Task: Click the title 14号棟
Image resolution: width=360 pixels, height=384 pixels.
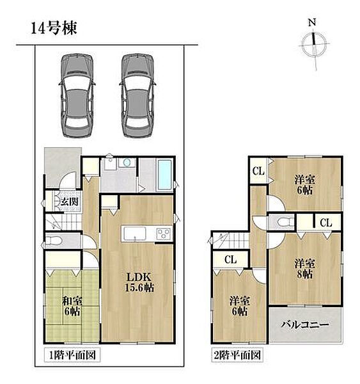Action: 54,28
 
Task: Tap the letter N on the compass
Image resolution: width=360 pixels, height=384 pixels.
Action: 312,23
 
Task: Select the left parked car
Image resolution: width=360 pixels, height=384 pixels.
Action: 77,95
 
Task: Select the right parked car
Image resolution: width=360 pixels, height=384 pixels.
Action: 137,95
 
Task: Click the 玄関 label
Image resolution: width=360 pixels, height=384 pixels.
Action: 70,202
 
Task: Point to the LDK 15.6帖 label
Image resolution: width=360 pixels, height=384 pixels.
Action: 139,282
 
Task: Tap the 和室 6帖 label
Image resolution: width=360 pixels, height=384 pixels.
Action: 72,306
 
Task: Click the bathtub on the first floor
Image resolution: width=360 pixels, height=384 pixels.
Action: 164,175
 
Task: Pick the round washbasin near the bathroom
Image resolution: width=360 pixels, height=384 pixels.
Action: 127,163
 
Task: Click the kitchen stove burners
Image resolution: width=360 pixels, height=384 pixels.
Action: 164,232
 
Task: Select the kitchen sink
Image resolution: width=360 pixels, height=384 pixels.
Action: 135,234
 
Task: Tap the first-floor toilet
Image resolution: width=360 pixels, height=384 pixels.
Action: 54,241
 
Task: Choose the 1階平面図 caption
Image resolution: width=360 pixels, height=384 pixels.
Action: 72,355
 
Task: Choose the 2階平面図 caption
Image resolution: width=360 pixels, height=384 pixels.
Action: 237,355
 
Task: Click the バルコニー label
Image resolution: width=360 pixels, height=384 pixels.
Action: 305,325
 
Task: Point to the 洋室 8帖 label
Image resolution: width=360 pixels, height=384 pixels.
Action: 305,269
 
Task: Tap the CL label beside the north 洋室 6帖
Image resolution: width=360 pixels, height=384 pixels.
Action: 258,171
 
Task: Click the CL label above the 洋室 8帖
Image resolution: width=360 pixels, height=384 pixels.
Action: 325,223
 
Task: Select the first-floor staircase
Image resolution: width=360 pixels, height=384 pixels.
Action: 64,222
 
